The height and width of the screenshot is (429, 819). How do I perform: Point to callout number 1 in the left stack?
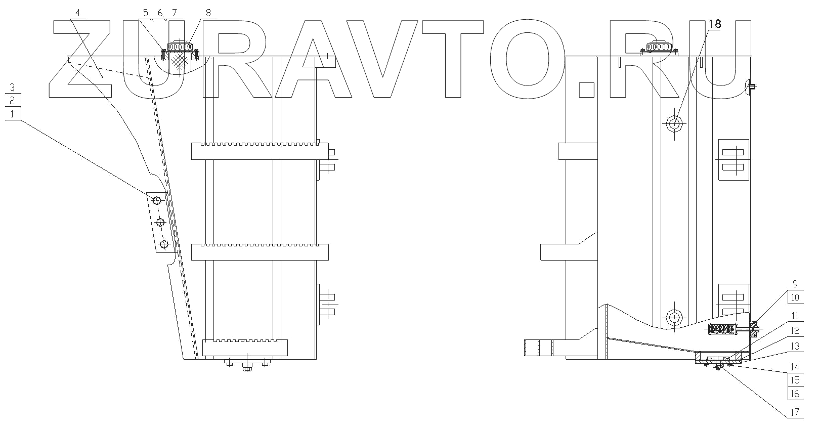[13, 113]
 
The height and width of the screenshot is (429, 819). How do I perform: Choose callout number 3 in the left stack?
[13, 87]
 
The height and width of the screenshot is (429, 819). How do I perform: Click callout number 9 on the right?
[794, 283]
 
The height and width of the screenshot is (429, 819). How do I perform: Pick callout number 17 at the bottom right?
[794, 412]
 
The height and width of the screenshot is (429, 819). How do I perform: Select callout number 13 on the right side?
[794, 346]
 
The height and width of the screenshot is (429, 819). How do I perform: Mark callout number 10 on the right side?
[794, 297]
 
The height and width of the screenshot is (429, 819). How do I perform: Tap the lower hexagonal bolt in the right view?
[674, 317]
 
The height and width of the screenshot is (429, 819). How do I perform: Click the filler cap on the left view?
[181, 47]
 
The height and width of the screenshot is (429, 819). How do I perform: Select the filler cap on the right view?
[658, 47]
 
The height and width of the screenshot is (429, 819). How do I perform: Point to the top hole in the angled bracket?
[157, 200]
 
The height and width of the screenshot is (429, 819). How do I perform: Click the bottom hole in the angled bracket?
[163, 245]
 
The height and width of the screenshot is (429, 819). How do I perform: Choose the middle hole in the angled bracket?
[160, 223]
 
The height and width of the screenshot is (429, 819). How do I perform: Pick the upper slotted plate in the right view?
[733, 159]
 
